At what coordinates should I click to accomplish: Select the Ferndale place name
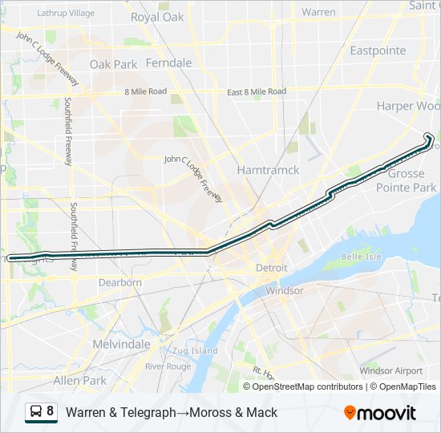[x=168, y=63]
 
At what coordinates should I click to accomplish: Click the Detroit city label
[x=271, y=267]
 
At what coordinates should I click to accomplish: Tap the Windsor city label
[x=285, y=290]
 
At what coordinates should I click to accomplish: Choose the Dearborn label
[x=120, y=282]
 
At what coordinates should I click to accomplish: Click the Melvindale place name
[x=122, y=343]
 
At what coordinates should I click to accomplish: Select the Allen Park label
[x=80, y=379]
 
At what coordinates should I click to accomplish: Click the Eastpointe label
[x=378, y=50]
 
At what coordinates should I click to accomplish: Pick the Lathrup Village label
[x=65, y=14]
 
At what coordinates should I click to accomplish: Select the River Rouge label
[x=168, y=366]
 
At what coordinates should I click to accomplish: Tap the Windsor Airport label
[x=390, y=370]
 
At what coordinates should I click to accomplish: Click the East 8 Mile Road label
[x=256, y=92]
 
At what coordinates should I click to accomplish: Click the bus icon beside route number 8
[x=34, y=412]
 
